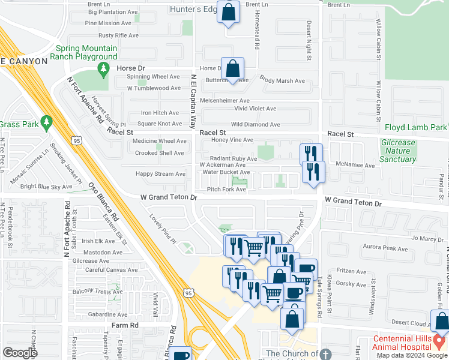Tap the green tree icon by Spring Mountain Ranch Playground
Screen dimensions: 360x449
(x=103, y=70)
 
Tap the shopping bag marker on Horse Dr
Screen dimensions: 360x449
(x=232, y=70)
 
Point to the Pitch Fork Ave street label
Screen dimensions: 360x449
(x=226, y=190)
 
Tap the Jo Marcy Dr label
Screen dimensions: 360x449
(x=427, y=238)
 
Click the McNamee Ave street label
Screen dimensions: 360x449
(x=355, y=164)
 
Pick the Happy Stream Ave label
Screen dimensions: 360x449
(x=160, y=174)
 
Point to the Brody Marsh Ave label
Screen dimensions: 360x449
(x=282, y=81)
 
